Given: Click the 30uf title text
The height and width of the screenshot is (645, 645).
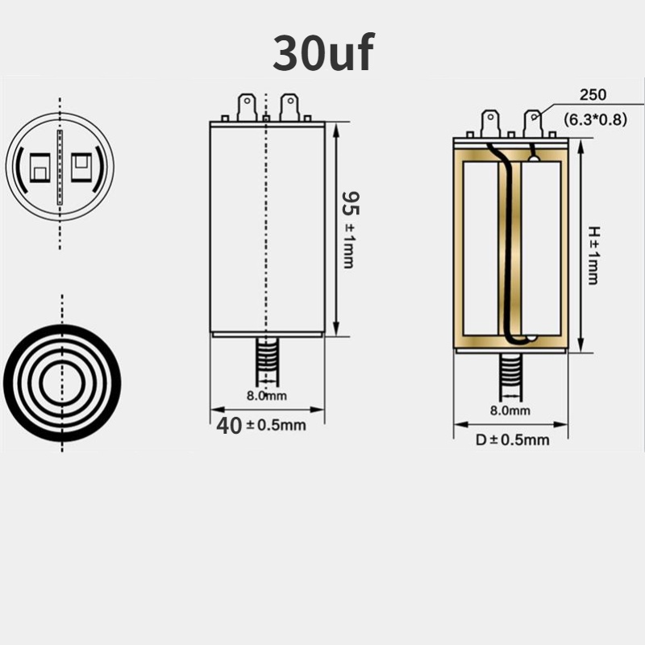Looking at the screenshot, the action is (x=323, y=53).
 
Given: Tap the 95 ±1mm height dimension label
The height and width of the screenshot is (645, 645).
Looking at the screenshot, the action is (x=350, y=230).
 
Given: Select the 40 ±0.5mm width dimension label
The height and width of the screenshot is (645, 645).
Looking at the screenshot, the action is (x=261, y=426).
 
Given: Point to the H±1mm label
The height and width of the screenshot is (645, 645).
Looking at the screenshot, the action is (x=593, y=255).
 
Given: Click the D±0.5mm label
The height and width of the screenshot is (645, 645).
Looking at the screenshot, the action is (x=513, y=440).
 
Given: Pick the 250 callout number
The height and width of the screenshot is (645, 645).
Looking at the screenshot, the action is (x=593, y=95).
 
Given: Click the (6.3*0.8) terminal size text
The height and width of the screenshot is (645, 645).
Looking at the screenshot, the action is (x=595, y=119).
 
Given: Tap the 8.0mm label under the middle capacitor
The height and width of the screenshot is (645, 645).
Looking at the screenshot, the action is (x=267, y=396).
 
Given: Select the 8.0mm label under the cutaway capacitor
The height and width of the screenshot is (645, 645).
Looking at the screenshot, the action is (x=510, y=410).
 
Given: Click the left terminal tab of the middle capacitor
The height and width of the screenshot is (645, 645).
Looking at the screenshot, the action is (x=248, y=107).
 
